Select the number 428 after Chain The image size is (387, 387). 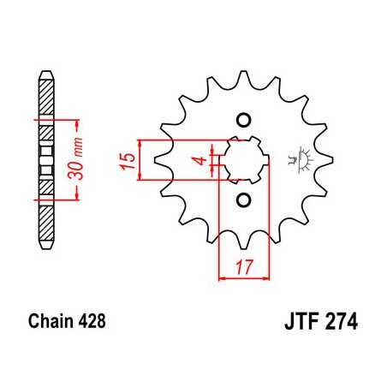point(91,324)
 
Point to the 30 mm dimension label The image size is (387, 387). point(80,158)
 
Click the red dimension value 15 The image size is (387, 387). point(127,159)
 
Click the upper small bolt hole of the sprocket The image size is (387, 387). point(242,118)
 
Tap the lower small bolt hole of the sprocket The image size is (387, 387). point(242,200)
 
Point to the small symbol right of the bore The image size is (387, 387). point(301,158)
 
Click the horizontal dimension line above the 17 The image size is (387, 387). point(244,277)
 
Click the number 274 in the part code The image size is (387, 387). point(339,324)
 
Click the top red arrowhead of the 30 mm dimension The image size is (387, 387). point(77,118)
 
